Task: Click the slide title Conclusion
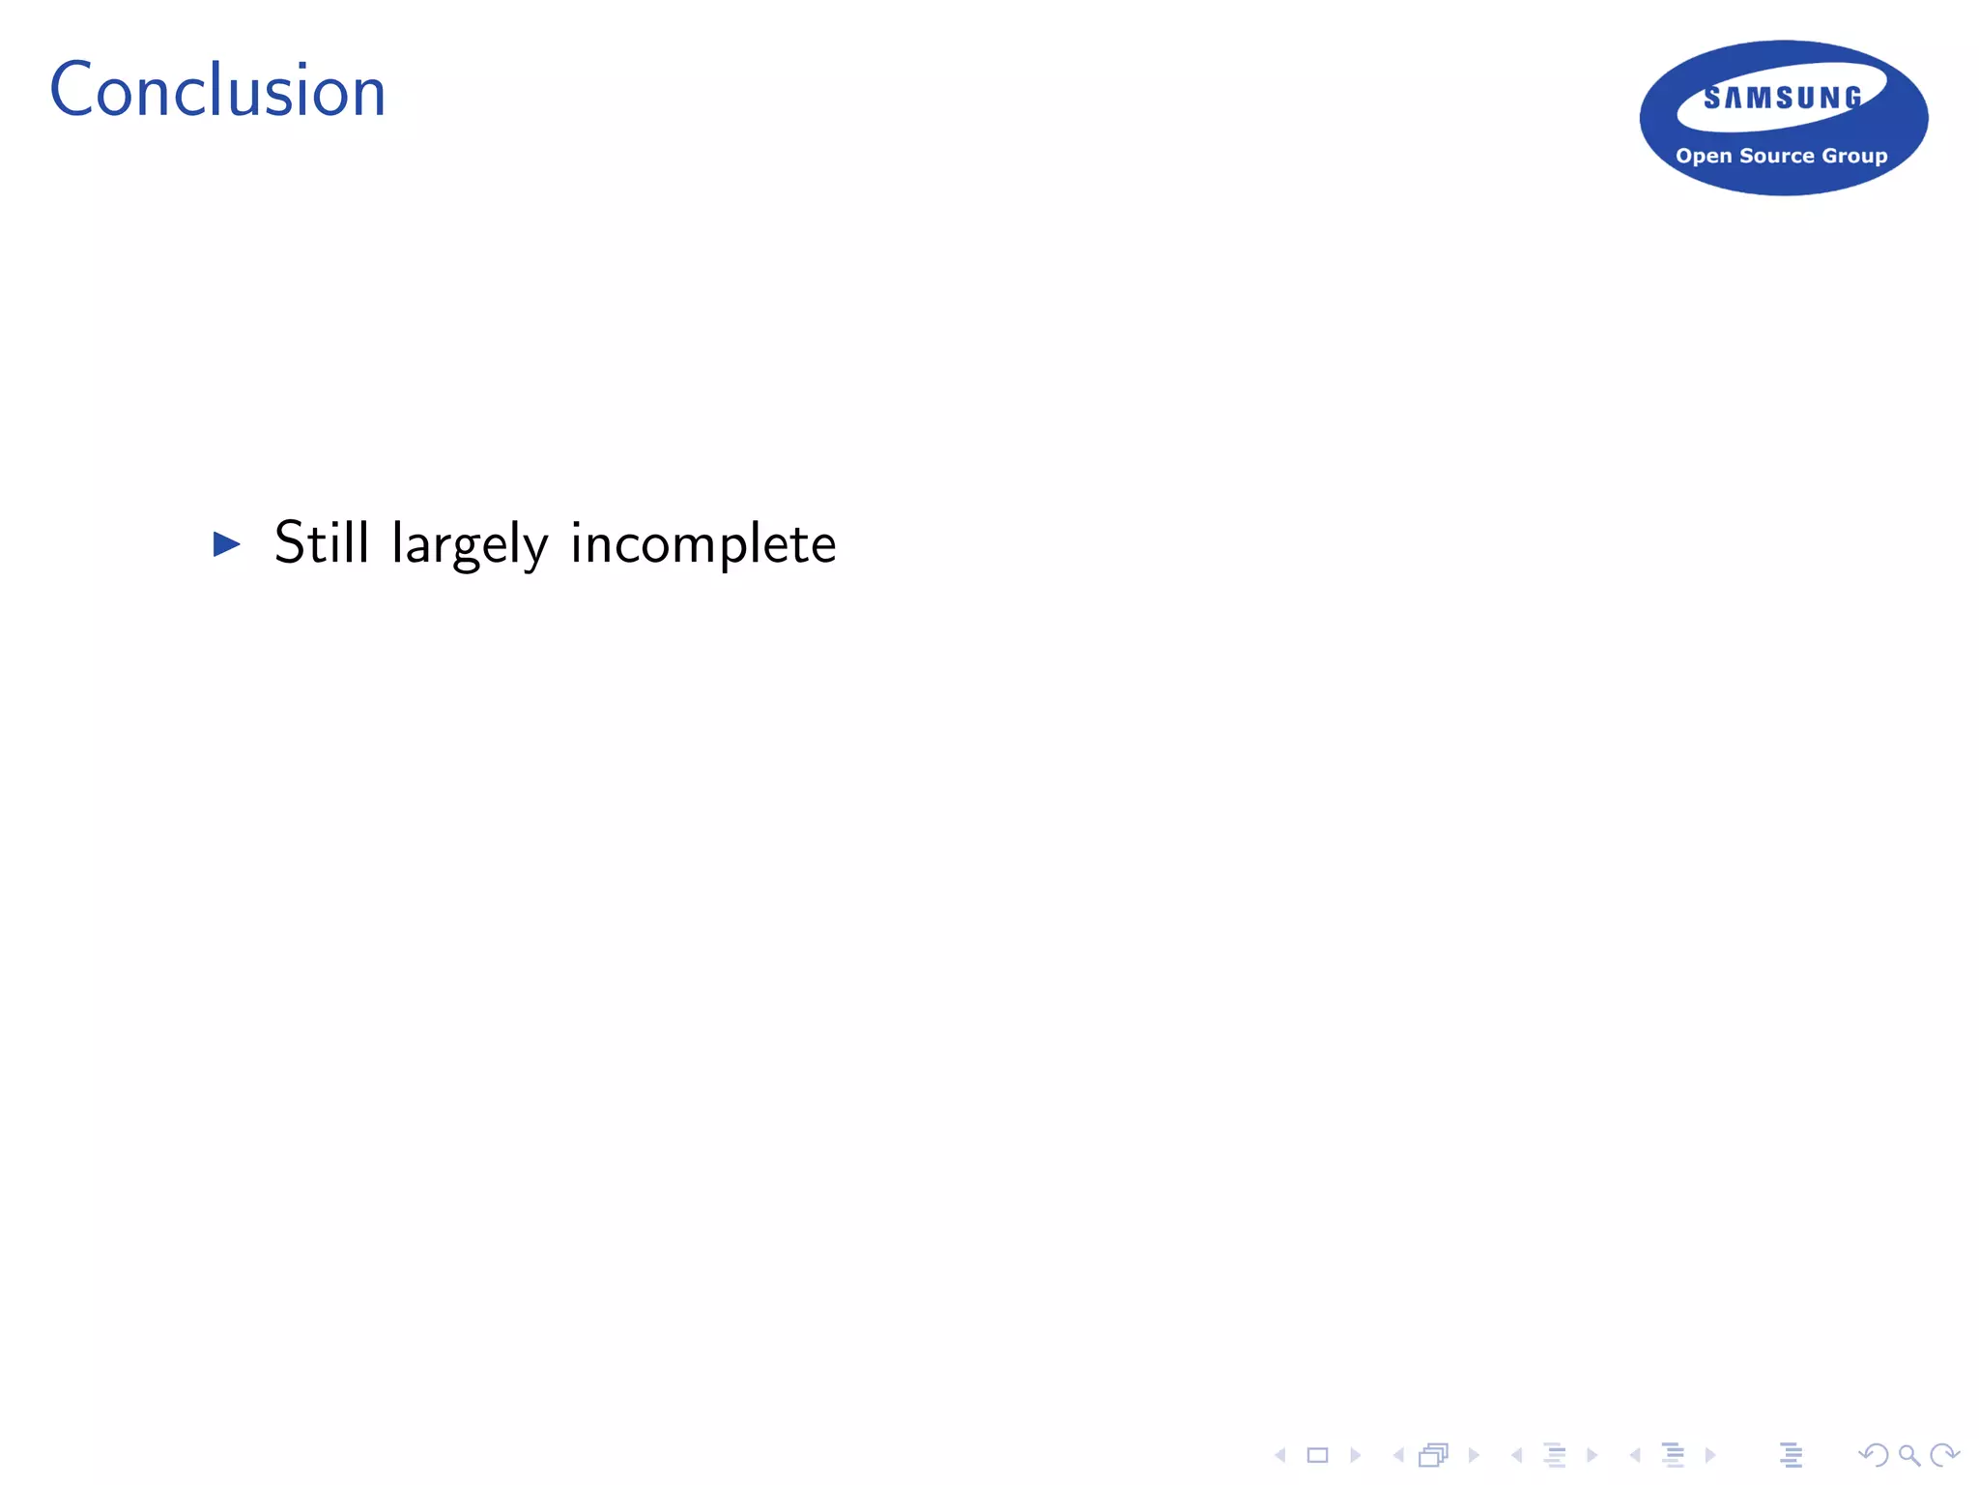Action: pyautogui.click(x=217, y=91)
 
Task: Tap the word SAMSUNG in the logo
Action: pyautogui.click(x=1783, y=98)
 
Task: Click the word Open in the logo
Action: pyautogui.click(x=1704, y=157)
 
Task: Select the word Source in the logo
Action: pyautogui.click(x=1776, y=156)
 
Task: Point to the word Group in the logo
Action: pyautogui.click(x=1854, y=157)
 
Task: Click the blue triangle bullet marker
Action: pyautogui.click(x=226, y=543)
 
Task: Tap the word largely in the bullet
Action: pyautogui.click(x=470, y=543)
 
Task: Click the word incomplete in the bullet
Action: pyautogui.click(x=703, y=543)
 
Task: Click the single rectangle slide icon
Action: pyautogui.click(x=1317, y=1455)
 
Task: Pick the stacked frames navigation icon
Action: pyautogui.click(x=1434, y=1455)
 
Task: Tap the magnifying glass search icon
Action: pyautogui.click(x=1908, y=1455)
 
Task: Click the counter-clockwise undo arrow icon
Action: pyautogui.click(x=1873, y=1455)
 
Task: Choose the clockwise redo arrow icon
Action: pyautogui.click(x=1944, y=1455)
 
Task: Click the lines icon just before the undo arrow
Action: pyautogui.click(x=1791, y=1455)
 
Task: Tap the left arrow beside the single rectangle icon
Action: pyautogui.click(x=1280, y=1455)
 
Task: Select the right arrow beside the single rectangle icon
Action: pyautogui.click(x=1355, y=1455)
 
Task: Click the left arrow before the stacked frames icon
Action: pyautogui.click(x=1398, y=1455)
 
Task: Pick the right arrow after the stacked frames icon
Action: pyautogui.click(x=1473, y=1455)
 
